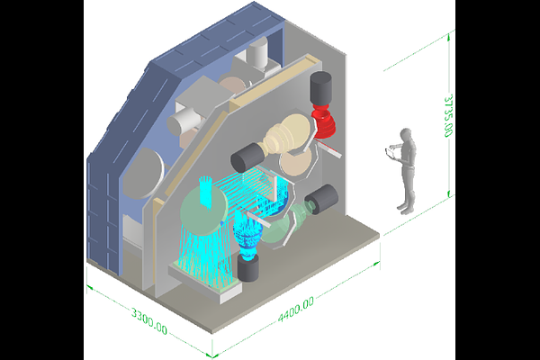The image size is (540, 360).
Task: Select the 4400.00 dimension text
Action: click(296, 309)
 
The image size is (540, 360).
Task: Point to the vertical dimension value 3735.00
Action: click(448, 115)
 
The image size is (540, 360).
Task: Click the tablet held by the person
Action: click(390, 154)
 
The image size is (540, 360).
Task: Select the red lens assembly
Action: click(323, 123)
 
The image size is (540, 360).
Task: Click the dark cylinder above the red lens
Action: click(321, 88)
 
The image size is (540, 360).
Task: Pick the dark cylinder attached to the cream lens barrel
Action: click(247, 157)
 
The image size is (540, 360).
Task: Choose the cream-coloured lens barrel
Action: click(285, 134)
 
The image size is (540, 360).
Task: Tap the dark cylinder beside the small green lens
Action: click(322, 199)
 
